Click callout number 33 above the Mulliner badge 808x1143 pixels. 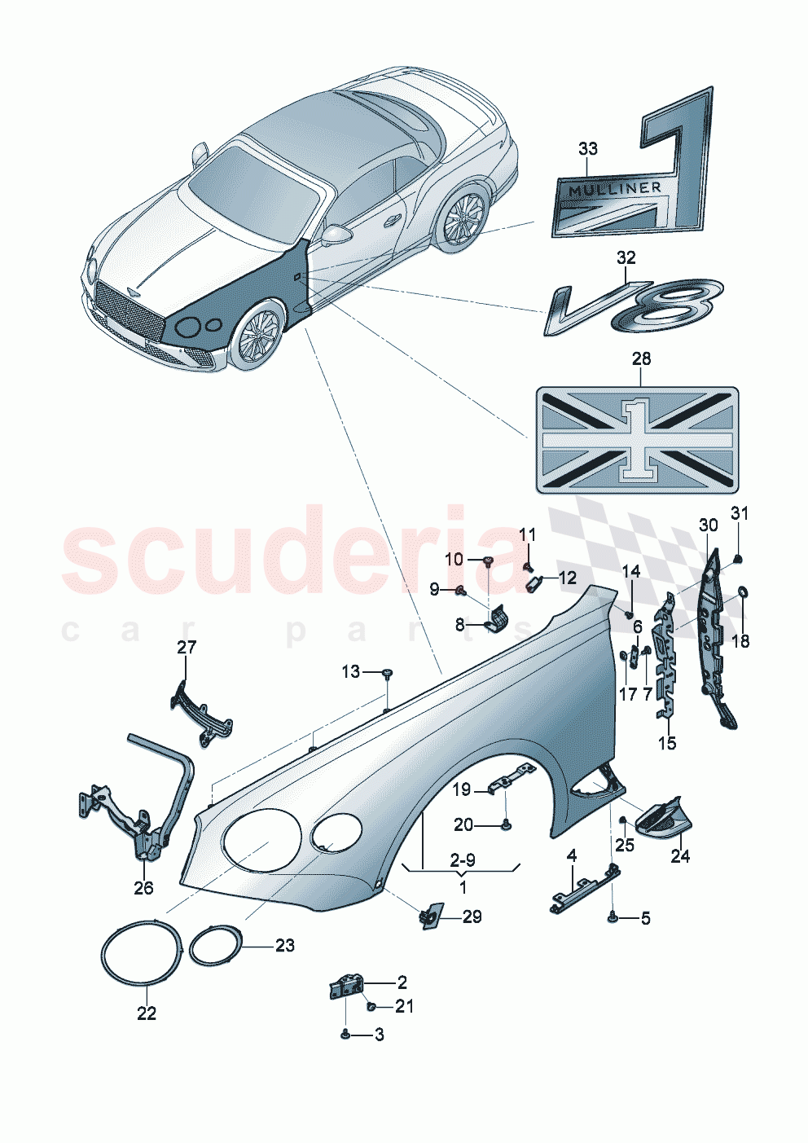point(587,148)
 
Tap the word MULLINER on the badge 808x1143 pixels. point(615,189)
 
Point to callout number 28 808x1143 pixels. point(641,358)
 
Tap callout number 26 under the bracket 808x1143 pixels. point(143,888)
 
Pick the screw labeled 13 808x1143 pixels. point(388,673)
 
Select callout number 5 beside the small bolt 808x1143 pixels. point(645,919)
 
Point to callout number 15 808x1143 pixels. point(666,743)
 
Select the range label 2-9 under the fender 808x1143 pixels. point(462,860)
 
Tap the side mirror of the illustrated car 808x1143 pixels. point(336,235)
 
